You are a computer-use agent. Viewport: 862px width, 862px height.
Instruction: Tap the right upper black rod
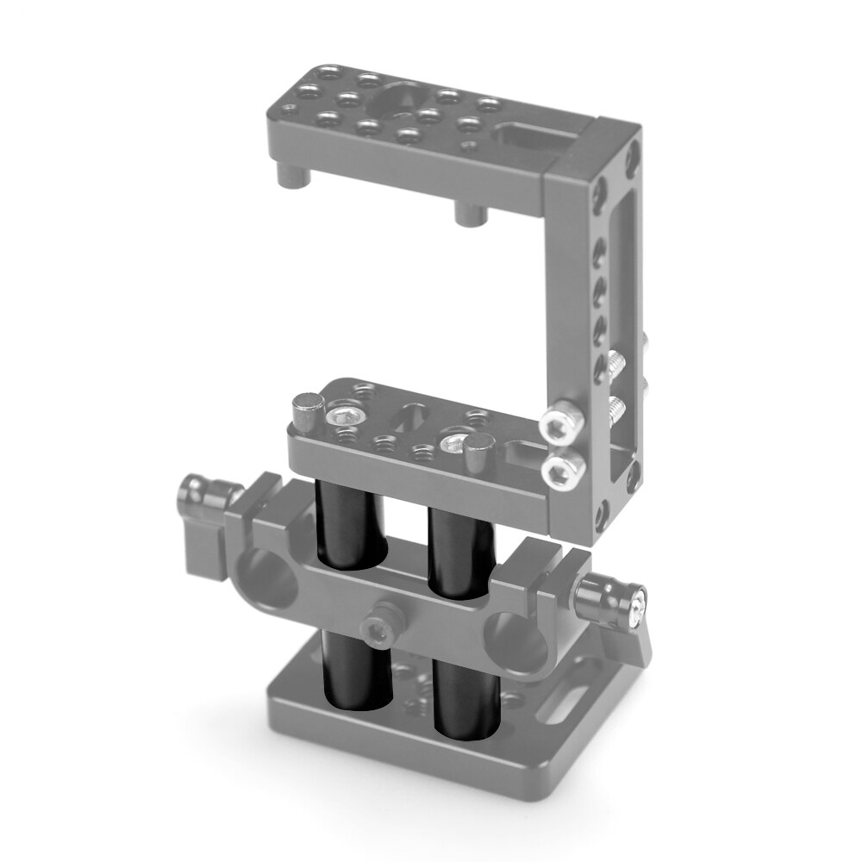pyautogui.click(x=460, y=552)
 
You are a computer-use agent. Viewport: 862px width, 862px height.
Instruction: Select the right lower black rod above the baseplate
pyautogui.click(x=465, y=698)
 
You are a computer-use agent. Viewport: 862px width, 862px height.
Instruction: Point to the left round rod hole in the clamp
pyautogui.click(x=263, y=582)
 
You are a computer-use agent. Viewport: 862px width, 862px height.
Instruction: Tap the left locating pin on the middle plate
pyautogui.click(x=308, y=409)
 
